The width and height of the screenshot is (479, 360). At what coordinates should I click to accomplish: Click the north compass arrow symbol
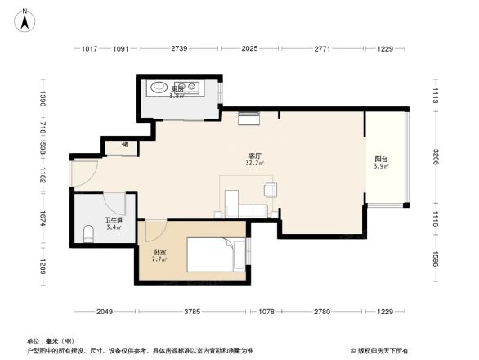pyautogui.click(x=25, y=20)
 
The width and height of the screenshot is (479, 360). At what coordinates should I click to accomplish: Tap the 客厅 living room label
pyautogui.click(x=255, y=155)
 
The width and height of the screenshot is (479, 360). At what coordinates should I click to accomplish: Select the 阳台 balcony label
pyautogui.click(x=381, y=159)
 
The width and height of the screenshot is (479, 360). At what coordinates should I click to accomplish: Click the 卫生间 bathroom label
pyautogui.click(x=113, y=220)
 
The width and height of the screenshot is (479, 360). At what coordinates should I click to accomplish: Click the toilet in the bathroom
pyautogui.click(x=89, y=235)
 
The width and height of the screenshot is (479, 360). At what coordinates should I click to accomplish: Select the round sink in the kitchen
pyautogui.click(x=159, y=87)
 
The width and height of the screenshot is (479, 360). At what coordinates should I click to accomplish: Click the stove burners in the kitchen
pyautogui.click(x=193, y=86)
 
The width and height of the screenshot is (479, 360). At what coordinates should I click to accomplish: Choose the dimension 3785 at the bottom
pyautogui.click(x=192, y=312)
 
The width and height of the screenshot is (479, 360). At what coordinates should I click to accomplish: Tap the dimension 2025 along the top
pyautogui.click(x=250, y=49)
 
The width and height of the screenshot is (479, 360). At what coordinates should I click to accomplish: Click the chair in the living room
pyautogui.click(x=270, y=190)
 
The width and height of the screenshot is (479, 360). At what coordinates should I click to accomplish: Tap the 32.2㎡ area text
pyautogui.click(x=254, y=163)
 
